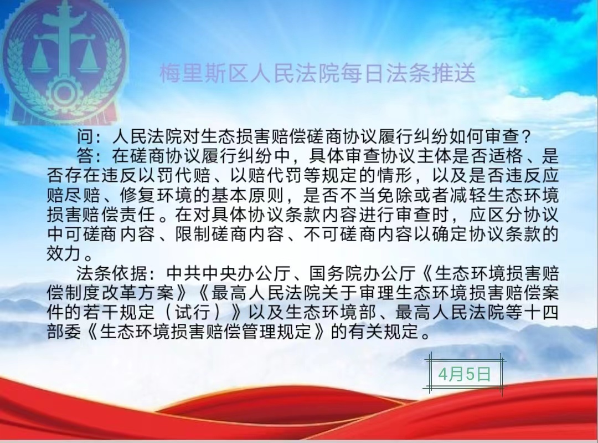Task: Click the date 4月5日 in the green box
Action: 464,374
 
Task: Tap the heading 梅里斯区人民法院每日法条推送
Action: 317,73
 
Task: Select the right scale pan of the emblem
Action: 90,61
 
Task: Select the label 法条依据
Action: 113,273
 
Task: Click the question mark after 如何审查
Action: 525,136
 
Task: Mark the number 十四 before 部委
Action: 541,312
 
